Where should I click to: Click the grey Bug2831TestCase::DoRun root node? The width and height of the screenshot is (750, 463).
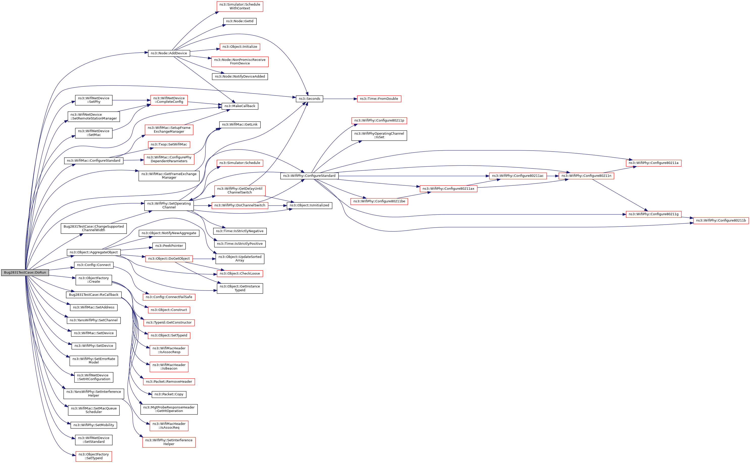click(x=25, y=273)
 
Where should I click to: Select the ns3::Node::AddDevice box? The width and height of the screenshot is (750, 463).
click(x=169, y=53)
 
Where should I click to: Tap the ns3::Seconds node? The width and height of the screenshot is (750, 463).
click(x=309, y=99)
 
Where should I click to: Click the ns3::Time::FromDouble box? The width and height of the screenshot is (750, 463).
click(x=379, y=99)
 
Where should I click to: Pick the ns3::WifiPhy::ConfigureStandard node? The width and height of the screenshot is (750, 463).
click(x=309, y=176)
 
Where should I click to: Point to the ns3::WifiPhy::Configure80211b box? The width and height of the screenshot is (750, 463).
click(x=721, y=221)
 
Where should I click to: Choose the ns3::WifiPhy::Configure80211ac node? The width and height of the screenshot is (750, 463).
click(x=518, y=176)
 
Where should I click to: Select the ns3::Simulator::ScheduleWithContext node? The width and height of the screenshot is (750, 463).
click(x=240, y=6)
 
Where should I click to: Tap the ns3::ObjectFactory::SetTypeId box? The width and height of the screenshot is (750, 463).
click(x=94, y=456)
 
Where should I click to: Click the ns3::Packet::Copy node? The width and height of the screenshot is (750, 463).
click(x=169, y=394)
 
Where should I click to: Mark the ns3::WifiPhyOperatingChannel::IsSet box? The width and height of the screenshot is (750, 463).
click(x=379, y=135)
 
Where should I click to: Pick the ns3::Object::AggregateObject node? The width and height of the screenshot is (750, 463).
click(x=94, y=252)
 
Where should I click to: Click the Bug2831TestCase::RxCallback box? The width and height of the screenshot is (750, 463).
click(x=94, y=295)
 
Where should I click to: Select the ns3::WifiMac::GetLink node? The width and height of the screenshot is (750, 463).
click(x=240, y=125)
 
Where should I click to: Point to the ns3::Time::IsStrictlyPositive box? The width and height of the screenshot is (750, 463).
click(x=240, y=244)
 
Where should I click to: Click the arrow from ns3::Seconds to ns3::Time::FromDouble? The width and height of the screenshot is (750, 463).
click(x=340, y=99)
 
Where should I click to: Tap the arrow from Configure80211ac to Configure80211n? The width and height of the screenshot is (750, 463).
click(x=552, y=176)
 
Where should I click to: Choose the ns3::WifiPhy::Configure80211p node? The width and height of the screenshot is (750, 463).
click(x=379, y=121)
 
